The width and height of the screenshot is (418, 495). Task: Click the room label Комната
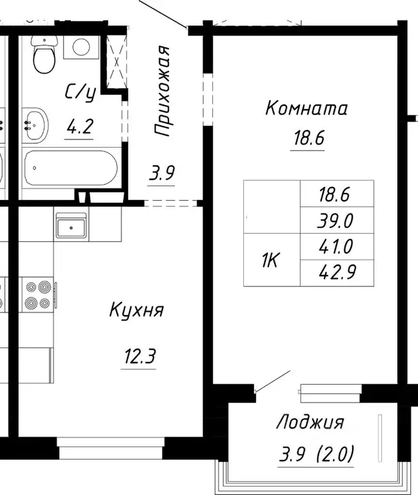point(306,108)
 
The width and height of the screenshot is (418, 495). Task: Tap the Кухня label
point(136,310)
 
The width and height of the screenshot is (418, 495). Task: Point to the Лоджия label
point(310,423)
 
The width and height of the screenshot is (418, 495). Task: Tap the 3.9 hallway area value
point(161,174)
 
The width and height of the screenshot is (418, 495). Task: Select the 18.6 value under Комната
point(306,139)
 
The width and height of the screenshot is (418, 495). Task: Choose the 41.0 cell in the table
point(337,247)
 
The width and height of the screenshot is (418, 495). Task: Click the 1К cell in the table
point(270,260)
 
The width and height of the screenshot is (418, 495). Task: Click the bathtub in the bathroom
point(70,168)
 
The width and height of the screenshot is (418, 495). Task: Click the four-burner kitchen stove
point(37,294)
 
